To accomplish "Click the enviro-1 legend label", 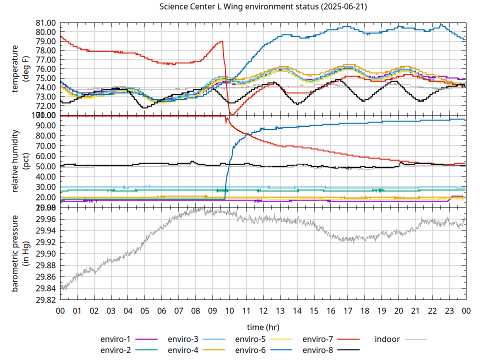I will pyautogui.click(x=115, y=339).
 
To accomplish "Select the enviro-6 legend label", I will pyautogui.click(x=250, y=350).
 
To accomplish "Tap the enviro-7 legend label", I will pyautogui.click(x=317, y=339).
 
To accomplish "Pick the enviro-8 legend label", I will pyautogui.click(x=317, y=350).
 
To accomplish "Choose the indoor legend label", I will pyautogui.click(x=387, y=339).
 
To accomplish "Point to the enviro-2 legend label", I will pyautogui.click(x=115, y=350).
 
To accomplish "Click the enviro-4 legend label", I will pyautogui.click(x=183, y=350).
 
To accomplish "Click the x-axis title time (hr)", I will pyautogui.click(x=263, y=327).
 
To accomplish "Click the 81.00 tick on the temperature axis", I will pyautogui.click(x=45, y=23).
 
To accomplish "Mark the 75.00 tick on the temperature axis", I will pyautogui.click(x=45, y=78).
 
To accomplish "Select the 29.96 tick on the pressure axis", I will pyautogui.click(x=45, y=219).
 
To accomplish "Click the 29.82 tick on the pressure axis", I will pyautogui.click(x=45, y=300).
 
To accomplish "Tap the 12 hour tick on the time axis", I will pyautogui.click(x=263, y=310).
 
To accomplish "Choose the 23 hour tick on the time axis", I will pyautogui.click(x=449, y=310).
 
